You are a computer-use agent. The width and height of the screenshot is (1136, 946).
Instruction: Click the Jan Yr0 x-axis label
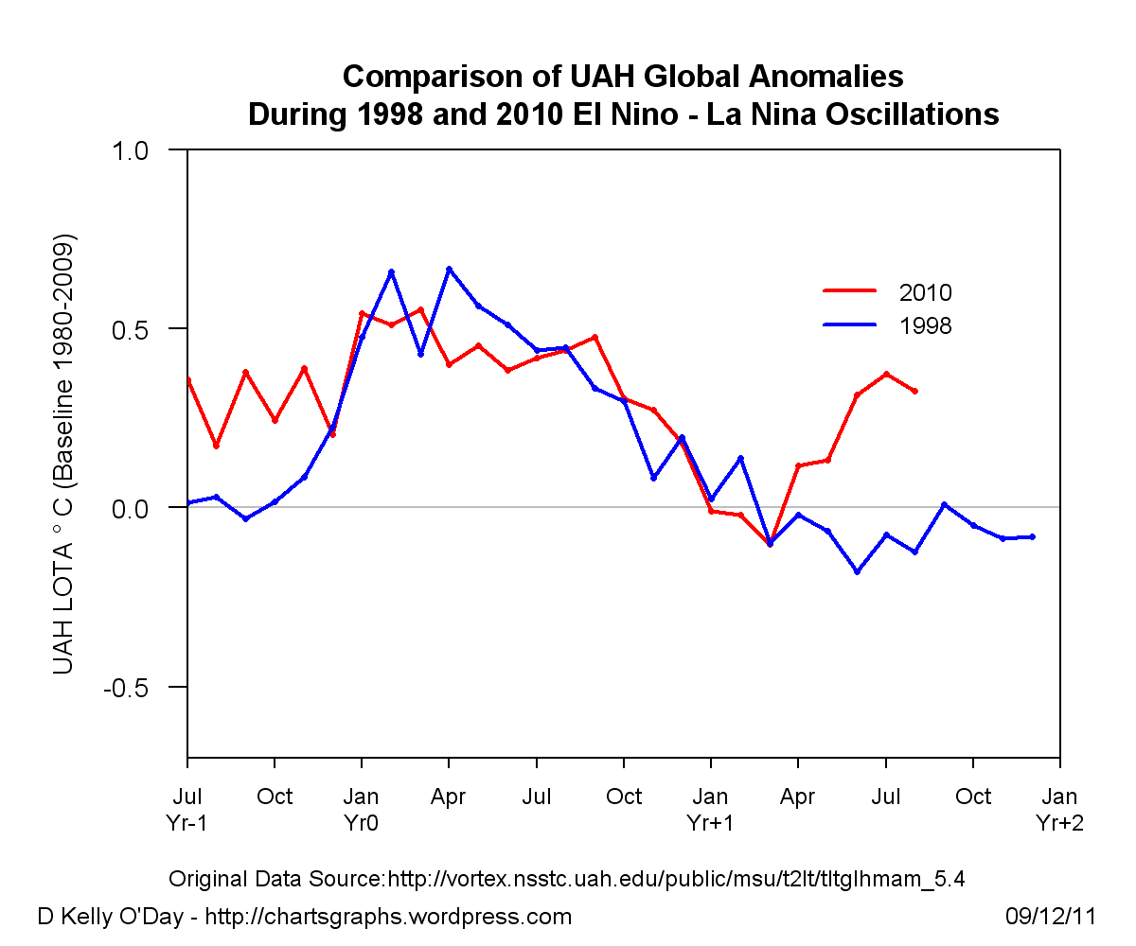362,809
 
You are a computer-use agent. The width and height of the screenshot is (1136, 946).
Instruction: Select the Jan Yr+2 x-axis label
1059,809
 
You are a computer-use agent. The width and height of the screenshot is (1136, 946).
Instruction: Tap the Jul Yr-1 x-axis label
187,809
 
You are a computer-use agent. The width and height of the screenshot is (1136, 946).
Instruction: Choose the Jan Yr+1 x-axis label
711,809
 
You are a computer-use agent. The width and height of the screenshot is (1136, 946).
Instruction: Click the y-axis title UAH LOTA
64,454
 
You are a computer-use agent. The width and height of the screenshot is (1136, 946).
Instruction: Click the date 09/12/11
1050,917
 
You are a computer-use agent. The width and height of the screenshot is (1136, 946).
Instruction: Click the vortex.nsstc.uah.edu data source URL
676,879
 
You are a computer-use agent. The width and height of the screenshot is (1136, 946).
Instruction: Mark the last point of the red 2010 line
915,391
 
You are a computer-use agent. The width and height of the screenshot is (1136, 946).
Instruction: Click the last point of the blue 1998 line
1032,536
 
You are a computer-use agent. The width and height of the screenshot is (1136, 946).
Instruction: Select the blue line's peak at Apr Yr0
449,269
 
